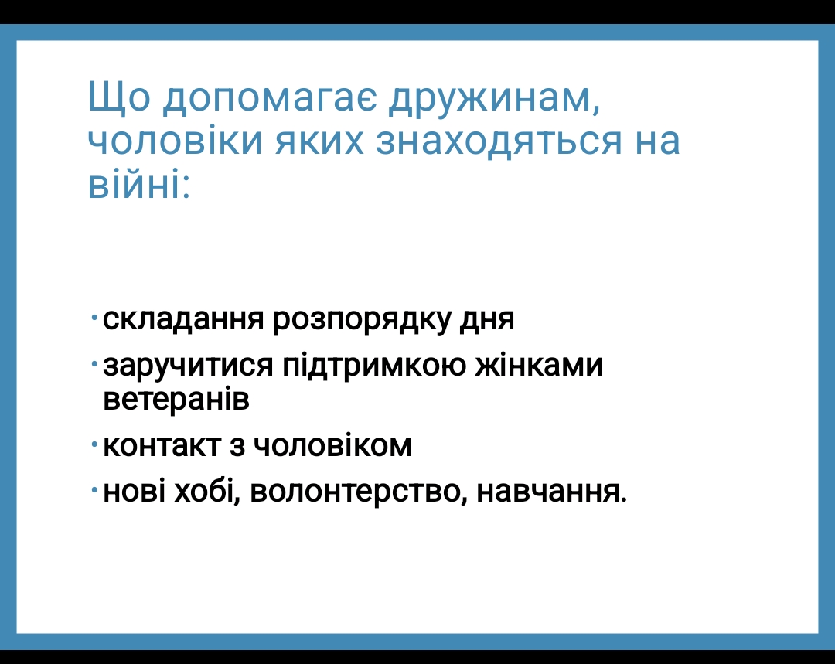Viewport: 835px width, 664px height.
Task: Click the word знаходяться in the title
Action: [499, 141]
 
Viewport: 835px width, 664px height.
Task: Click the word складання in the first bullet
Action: [183, 319]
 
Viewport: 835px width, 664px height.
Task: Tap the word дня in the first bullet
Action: [487, 321]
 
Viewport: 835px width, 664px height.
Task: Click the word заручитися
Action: [188, 366]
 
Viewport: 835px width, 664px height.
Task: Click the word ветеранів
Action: [176, 400]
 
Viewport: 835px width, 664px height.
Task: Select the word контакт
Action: [162, 446]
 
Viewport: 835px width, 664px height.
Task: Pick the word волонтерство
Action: [359, 492]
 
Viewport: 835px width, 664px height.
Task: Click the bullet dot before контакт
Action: [94, 443]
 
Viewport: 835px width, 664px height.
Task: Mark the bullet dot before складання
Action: [94, 318]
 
